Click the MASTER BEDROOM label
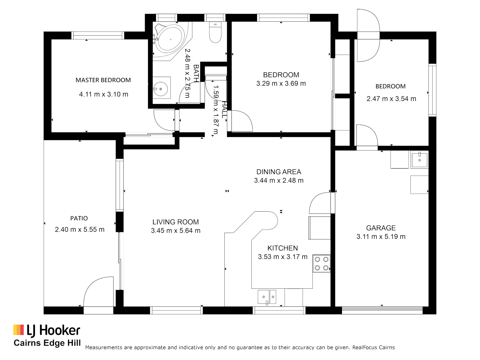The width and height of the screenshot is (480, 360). [103, 80]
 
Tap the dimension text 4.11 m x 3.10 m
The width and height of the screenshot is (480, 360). [103, 94]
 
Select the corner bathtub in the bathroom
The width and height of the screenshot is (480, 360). [170, 39]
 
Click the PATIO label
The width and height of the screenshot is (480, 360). [79, 218]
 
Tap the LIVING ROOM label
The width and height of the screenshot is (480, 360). [175, 222]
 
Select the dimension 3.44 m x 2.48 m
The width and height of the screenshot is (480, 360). [279, 181]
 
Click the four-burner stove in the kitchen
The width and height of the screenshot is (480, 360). [321, 264]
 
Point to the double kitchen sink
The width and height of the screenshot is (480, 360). [267, 297]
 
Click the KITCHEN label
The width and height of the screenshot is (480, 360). [282, 248]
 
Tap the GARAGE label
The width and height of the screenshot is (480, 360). [381, 228]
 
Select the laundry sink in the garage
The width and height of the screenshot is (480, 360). [419, 160]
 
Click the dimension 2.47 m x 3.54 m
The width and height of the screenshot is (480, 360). [391, 99]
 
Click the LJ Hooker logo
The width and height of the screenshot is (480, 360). [47, 330]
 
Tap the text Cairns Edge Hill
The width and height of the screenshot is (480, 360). [47, 343]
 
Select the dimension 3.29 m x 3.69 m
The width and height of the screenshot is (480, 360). [281, 84]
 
